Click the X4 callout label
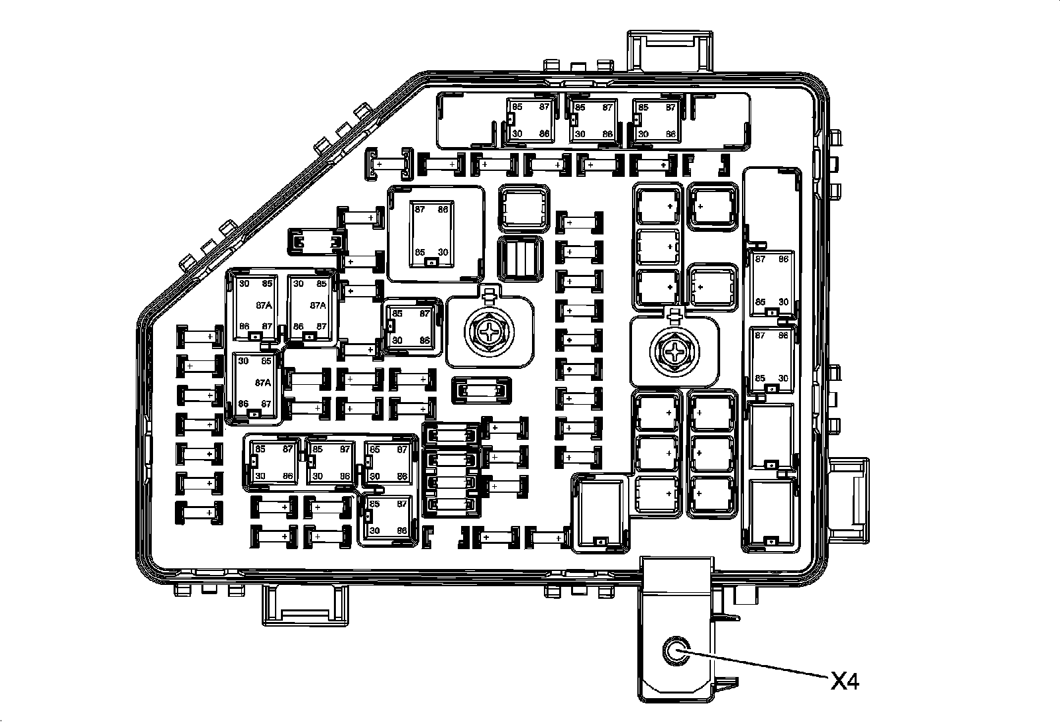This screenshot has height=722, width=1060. click(845, 680)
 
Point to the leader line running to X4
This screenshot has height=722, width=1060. click(755, 665)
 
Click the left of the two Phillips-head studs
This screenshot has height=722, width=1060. click(490, 333)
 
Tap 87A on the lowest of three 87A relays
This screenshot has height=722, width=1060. click(263, 383)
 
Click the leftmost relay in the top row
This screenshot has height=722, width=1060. click(529, 121)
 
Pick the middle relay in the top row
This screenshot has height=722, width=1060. click(593, 121)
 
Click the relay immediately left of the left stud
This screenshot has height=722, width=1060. click(410, 327)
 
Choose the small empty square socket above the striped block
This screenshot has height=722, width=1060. click(523, 207)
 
